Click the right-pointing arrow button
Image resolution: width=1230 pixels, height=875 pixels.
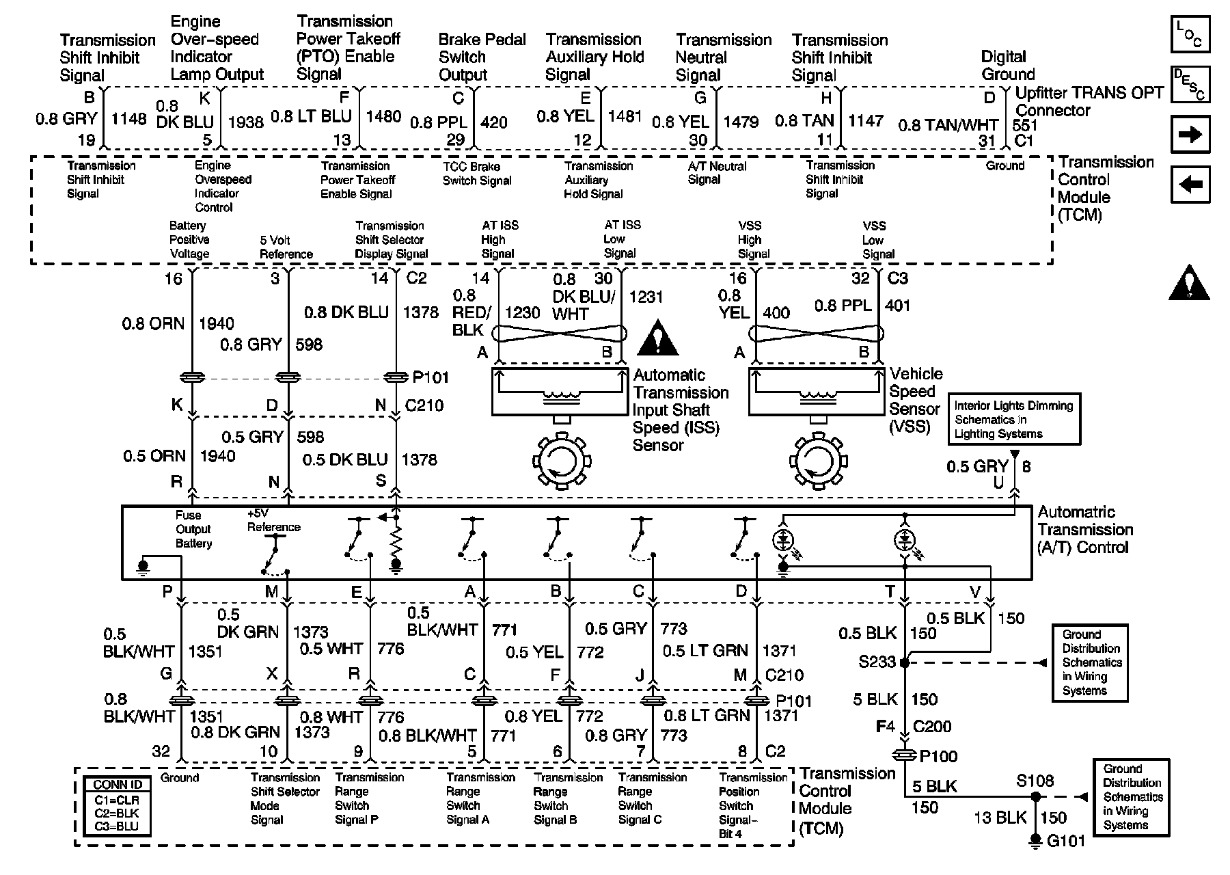tap(1190, 135)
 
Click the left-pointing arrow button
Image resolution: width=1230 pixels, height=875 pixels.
tap(1190, 185)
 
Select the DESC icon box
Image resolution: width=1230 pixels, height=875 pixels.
tap(1190, 84)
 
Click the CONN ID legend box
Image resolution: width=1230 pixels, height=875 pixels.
tap(117, 805)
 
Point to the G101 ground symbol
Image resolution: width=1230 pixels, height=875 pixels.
tap(1036, 840)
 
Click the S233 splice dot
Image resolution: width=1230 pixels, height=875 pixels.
tap(905, 662)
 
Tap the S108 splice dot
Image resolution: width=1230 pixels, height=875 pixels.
tap(1036, 796)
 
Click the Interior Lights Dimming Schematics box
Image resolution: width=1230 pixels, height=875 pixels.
tap(1013, 419)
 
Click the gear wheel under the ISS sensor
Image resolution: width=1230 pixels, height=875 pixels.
tap(562, 459)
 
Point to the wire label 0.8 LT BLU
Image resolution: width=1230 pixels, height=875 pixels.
tap(311, 117)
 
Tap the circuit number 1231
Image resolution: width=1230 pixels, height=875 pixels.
tap(646, 297)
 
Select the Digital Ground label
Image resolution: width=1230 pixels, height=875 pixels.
tap(1007, 66)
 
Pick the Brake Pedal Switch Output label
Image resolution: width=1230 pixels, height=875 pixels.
tap(482, 57)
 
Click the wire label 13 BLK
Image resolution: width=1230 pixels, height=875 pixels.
tap(1000, 818)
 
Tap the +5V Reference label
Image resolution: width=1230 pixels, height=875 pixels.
tap(273, 521)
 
